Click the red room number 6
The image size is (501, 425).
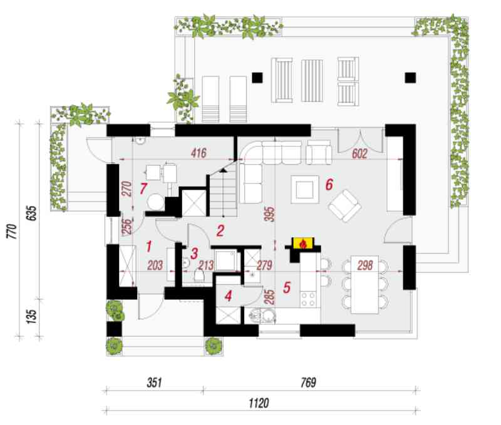pyautogui.click(x=329, y=185)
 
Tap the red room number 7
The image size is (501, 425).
pyautogui.click(x=143, y=188)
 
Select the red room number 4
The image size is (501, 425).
pyautogui.click(x=228, y=296)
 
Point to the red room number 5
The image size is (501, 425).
pyautogui.click(x=287, y=287)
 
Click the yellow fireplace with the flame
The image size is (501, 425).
pyautogui.click(x=303, y=243)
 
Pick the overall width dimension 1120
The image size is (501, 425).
pyautogui.click(x=259, y=403)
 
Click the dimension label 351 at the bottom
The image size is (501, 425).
pyautogui.click(x=154, y=382)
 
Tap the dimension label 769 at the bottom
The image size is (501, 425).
pyautogui.click(x=308, y=382)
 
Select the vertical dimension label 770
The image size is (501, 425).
pyautogui.click(x=11, y=232)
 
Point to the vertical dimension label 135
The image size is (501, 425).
pyautogui.click(x=31, y=317)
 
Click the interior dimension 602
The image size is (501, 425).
pyautogui.click(x=359, y=154)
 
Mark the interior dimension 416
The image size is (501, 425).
pyautogui.click(x=199, y=153)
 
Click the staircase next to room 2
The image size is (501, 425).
pyautogui.click(x=224, y=193)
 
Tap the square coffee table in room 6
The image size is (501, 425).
pyautogui.click(x=305, y=190)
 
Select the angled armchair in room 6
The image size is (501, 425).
pyautogui.click(x=345, y=206)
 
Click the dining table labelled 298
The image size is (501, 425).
pyautogui.click(x=365, y=285)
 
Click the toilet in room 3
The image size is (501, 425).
pyautogui.click(x=199, y=276)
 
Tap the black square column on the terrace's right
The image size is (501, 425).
pyautogui.click(x=411, y=78)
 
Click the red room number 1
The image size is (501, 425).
pyautogui.click(x=148, y=246)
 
